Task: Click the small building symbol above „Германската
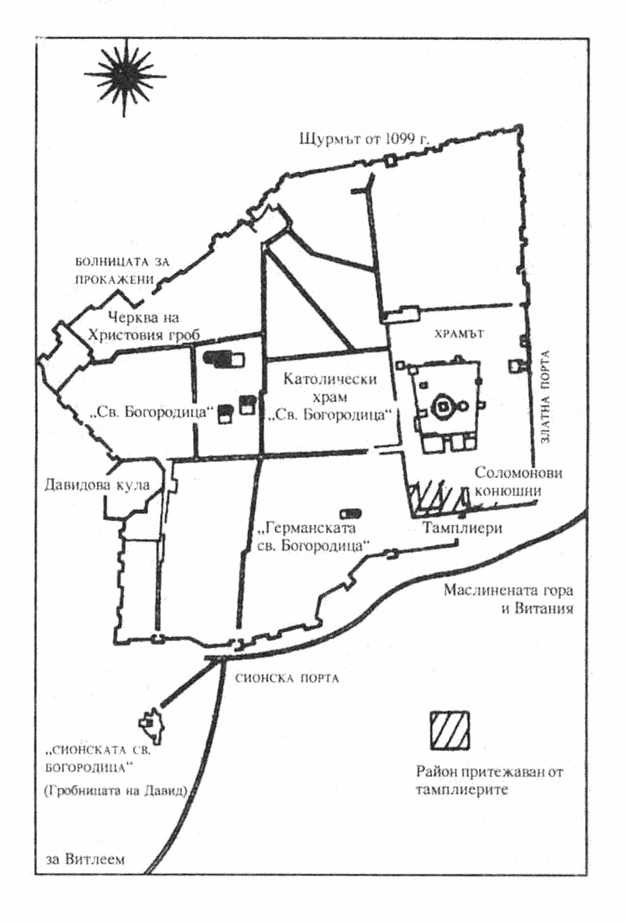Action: pos(347,513)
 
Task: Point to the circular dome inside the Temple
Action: pos(442,406)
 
